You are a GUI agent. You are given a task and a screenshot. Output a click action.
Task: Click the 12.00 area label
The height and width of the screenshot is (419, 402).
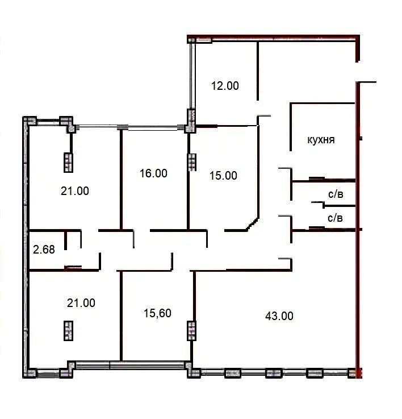(225, 86)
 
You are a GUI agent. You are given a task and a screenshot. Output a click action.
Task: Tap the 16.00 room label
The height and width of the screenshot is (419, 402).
(153, 173)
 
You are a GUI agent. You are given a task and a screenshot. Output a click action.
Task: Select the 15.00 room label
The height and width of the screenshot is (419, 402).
(223, 176)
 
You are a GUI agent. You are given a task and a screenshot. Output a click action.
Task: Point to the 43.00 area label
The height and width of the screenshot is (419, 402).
(279, 316)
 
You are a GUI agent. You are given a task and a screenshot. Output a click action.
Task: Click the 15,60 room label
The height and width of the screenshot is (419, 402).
(157, 313)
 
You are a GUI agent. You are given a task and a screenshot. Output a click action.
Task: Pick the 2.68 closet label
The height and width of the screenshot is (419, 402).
(44, 250)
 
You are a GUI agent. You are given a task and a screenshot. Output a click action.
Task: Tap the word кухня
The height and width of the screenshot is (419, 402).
(321, 140)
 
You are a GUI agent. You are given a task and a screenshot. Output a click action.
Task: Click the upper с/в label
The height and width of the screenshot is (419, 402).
(336, 194)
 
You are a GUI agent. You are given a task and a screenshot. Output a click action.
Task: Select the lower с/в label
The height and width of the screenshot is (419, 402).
(335, 218)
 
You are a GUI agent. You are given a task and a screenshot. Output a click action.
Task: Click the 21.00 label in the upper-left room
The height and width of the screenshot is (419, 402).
(75, 191)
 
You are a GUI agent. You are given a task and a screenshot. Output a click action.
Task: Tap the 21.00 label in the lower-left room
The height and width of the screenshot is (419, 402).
(81, 303)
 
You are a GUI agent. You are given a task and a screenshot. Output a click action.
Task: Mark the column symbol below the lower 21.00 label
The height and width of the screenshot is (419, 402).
(68, 331)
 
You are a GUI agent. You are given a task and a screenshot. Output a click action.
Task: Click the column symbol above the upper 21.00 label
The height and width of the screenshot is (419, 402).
(68, 163)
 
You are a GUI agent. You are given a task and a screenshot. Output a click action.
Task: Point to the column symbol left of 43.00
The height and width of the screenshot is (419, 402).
(191, 330)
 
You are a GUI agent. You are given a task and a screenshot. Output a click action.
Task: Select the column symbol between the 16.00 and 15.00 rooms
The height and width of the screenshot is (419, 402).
(192, 162)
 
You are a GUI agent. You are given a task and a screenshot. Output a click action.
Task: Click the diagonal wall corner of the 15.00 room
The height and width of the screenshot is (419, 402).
(253, 224)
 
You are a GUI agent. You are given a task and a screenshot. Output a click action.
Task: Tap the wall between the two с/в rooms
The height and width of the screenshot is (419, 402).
(340, 206)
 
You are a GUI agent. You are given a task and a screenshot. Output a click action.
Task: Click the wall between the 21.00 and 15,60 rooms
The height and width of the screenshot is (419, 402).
(121, 316)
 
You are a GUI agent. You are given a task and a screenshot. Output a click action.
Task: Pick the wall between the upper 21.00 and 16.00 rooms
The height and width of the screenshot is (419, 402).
(121, 180)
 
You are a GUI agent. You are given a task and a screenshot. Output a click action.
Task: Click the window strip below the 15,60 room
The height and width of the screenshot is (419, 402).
(130, 365)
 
